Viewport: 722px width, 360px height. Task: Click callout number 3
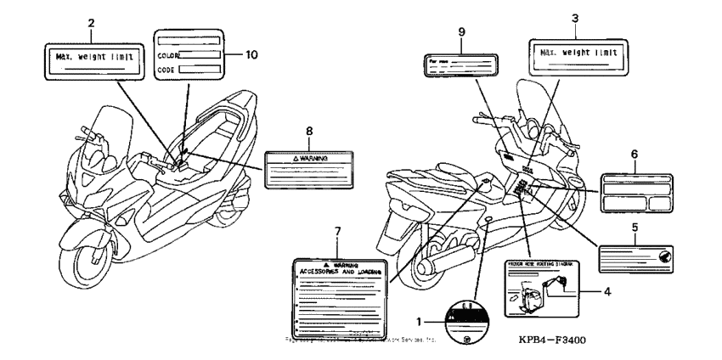coord(575,19)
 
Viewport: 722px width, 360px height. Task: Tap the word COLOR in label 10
coord(168,55)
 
